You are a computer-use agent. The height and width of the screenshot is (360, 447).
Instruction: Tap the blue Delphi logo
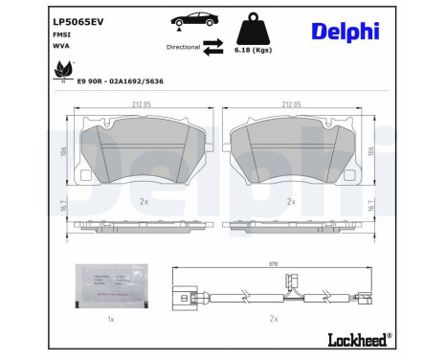[346, 31]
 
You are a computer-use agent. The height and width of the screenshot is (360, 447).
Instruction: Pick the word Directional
[184, 45]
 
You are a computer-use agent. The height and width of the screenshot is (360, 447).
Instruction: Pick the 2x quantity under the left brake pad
[143, 202]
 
